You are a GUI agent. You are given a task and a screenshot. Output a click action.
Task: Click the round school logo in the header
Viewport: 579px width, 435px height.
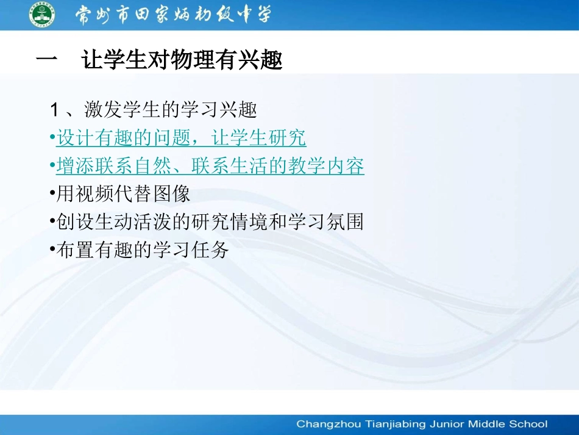pos(41,15)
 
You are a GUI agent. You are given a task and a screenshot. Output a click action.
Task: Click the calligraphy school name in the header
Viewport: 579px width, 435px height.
pos(173,15)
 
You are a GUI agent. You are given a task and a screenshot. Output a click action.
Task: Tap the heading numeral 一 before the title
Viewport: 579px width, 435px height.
pos(47,61)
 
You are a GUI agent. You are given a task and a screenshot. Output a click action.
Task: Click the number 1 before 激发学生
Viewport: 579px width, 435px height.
pos(54,110)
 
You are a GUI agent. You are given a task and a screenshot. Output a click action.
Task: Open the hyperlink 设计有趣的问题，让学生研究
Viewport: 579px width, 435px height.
pos(181,138)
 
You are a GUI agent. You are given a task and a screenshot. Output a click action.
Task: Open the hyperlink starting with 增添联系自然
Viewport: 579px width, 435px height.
pos(210,166)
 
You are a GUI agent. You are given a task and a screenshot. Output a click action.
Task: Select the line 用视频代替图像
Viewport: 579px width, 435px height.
pos(123,194)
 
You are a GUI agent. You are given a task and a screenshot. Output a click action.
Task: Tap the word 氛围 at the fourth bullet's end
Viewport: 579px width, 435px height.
pos(346,222)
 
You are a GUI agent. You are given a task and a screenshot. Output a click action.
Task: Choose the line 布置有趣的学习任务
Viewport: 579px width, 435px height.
pos(141,250)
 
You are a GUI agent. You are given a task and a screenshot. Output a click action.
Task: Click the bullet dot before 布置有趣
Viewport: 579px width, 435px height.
pos(52,250)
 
